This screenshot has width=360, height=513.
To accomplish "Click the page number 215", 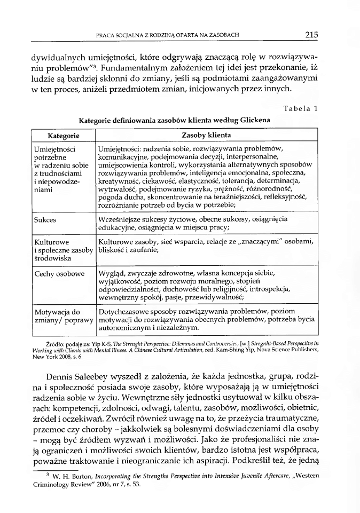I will (x=312, y=35).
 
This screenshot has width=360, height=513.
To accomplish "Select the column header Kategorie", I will (x=64, y=136).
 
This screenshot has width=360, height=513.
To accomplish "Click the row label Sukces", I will (x=45, y=219).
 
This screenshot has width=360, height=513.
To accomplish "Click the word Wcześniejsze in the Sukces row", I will (x=123, y=219).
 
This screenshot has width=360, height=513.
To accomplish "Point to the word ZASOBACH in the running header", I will (x=222, y=36).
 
